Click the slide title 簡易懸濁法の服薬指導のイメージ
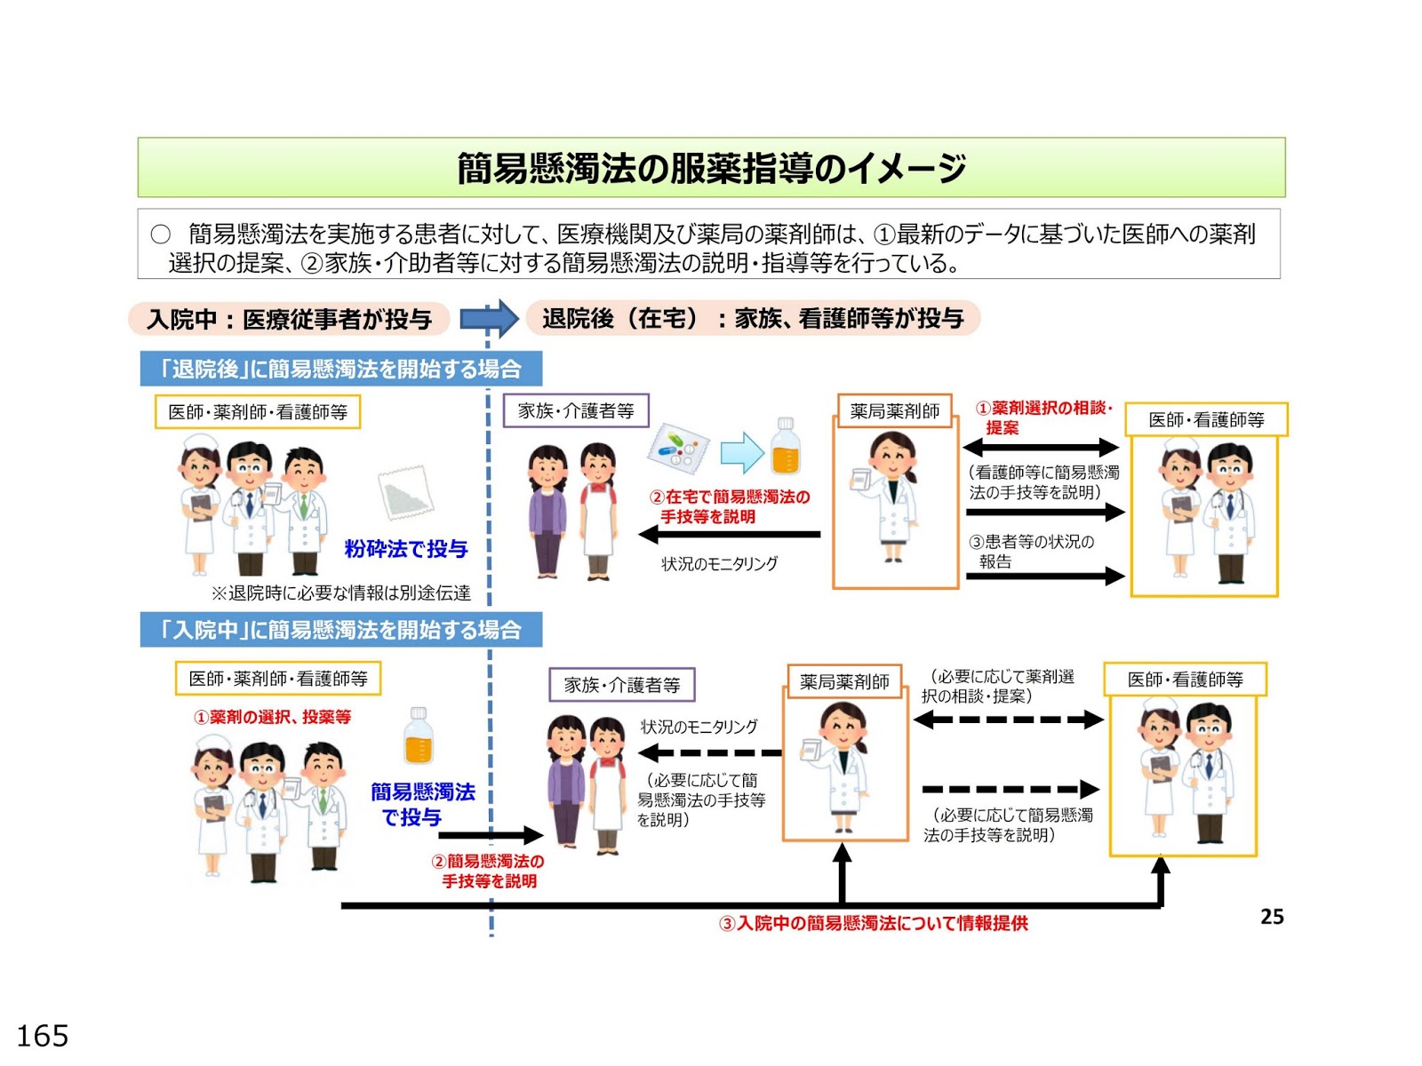[x=711, y=168]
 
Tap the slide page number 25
[x=1272, y=917]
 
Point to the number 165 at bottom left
[x=43, y=1036]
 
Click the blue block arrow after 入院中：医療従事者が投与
[x=489, y=318]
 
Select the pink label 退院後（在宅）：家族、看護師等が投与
[x=753, y=318]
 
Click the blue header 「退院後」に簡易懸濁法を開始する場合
[x=341, y=369]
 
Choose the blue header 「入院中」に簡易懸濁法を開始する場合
[x=341, y=630]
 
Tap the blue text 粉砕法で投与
[x=406, y=549]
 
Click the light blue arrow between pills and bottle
[x=741, y=452]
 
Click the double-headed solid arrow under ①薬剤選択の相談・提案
[x=1041, y=447]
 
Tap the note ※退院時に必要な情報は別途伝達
[x=340, y=593]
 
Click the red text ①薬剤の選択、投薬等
[x=273, y=717]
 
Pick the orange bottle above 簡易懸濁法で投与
[x=419, y=736]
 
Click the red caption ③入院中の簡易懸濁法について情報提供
[x=874, y=924]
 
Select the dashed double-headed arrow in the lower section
[x=1008, y=720]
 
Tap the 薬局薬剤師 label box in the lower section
[x=844, y=681]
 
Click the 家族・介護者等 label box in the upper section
[x=576, y=411]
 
